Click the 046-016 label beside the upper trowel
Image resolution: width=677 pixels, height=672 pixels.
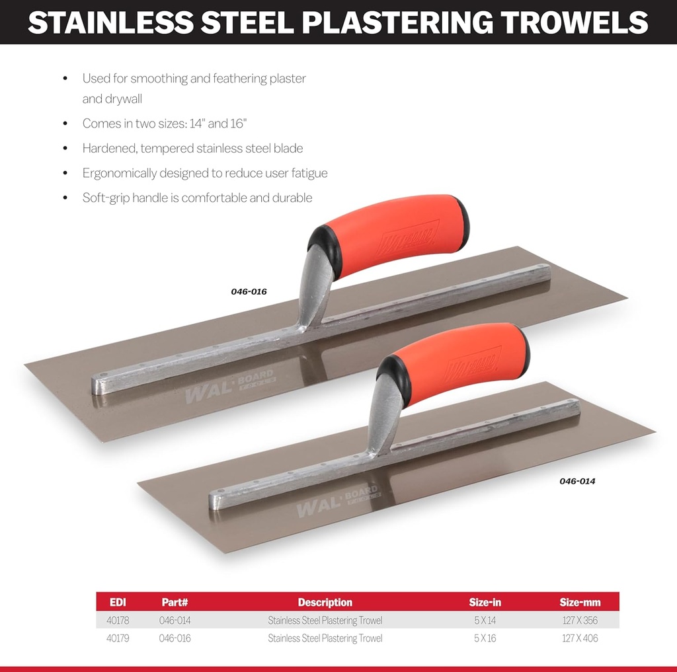(249, 291)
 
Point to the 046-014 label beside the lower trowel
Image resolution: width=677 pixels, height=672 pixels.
(577, 481)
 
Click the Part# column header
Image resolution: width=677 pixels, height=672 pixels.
(175, 602)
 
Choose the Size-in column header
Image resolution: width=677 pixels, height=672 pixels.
(485, 602)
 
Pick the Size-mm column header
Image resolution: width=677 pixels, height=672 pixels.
(580, 602)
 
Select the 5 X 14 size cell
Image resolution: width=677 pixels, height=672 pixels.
(485, 620)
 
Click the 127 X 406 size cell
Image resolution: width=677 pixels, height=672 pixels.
(580, 638)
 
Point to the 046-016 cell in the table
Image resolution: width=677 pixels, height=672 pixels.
(175, 638)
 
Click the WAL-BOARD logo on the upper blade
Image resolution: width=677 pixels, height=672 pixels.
(229, 387)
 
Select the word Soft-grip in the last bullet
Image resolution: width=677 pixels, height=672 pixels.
(106, 198)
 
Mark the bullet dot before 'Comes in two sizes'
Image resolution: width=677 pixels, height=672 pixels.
(65, 124)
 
